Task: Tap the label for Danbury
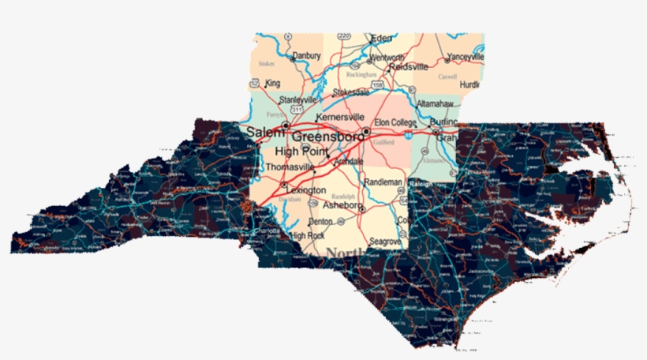[x=306, y=56]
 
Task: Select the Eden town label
[x=382, y=38]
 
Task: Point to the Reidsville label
[x=408, y=67]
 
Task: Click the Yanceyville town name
[x=466, y=57]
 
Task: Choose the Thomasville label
[x=290, y=167]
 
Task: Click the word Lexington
[x=306, y=190]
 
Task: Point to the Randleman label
[x=383, y=182]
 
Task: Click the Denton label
[x=320, y=222]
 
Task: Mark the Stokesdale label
[x=351, y=92]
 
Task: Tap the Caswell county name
[x=448, y=77]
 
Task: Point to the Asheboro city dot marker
[x=361, y=209]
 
